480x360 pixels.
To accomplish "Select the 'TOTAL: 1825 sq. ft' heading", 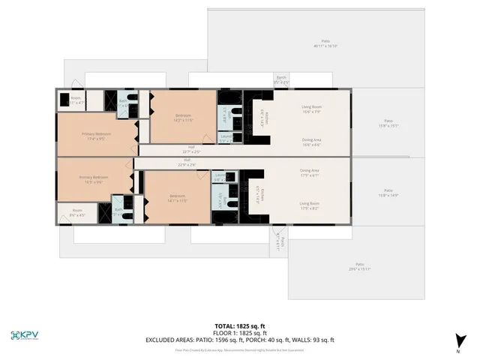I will (240, 326).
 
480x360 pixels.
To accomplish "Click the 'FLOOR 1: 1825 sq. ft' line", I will (240, 333).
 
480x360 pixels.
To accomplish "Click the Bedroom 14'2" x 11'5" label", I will (184, 117).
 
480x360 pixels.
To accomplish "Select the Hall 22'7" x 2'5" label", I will (191, 148).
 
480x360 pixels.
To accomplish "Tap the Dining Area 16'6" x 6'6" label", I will (311, 142).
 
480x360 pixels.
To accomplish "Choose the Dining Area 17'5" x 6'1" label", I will (310, 172).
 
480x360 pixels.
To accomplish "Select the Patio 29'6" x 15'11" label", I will (360, 266).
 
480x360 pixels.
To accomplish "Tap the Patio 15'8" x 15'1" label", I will (388, 122).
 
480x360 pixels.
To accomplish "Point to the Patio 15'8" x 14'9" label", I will (388, 192).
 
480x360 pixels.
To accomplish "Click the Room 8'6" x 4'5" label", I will (77, 212).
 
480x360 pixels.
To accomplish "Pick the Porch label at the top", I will (281, 79).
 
